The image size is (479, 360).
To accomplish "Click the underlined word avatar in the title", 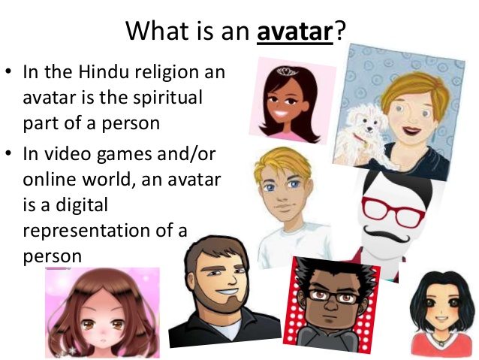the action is tap(295, 32).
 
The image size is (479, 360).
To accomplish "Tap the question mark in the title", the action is tap(340, 30).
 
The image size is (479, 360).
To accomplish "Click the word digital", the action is tap(82, 206).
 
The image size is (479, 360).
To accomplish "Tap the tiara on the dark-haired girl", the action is tap(286, 72).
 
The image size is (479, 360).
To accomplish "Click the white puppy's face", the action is tap(368, 123).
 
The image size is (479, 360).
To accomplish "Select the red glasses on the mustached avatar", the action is tap(393, 212).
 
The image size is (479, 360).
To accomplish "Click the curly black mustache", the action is tap(385, 234).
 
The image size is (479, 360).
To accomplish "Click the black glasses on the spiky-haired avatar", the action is tap(333, 296).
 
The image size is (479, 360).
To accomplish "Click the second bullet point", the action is tap(8, 152).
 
